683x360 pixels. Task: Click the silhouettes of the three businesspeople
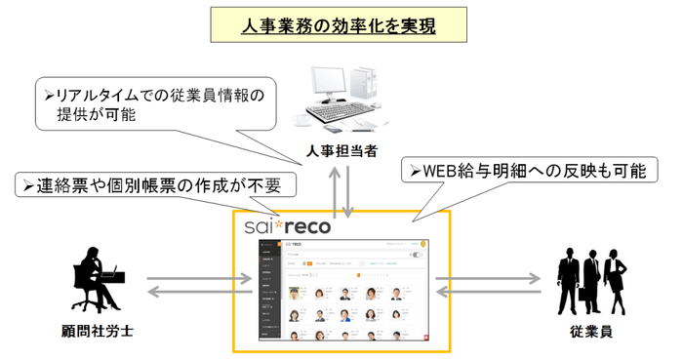[x=591, y=281]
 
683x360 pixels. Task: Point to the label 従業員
[x=591, y=333]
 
